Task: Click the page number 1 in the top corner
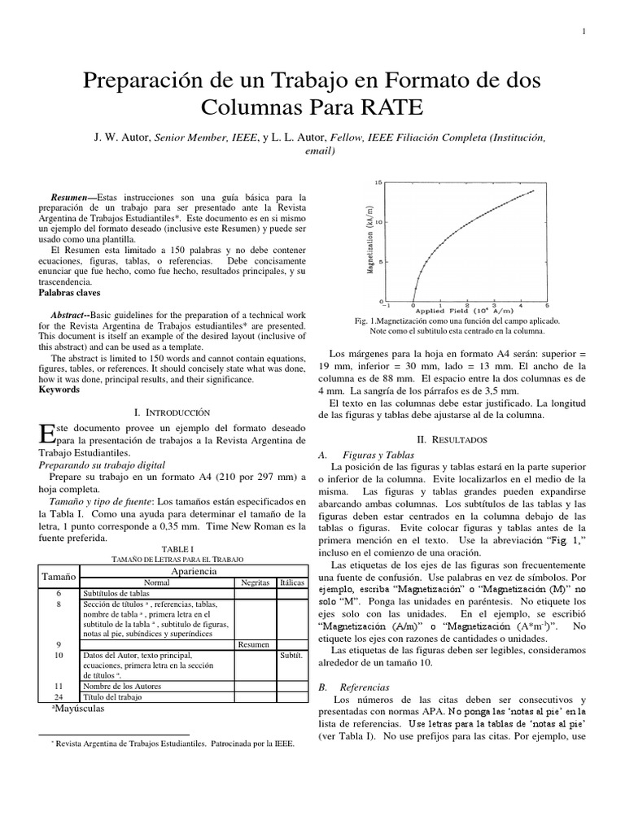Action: click(585, 31)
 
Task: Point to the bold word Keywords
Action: click(60, 390)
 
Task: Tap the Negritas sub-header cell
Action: click(254, 583)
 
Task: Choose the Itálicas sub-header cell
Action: click(291, 583)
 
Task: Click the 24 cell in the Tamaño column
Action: click(59, 697)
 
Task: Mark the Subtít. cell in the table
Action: click(291, 655)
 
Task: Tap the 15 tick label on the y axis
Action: click(377, 183)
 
